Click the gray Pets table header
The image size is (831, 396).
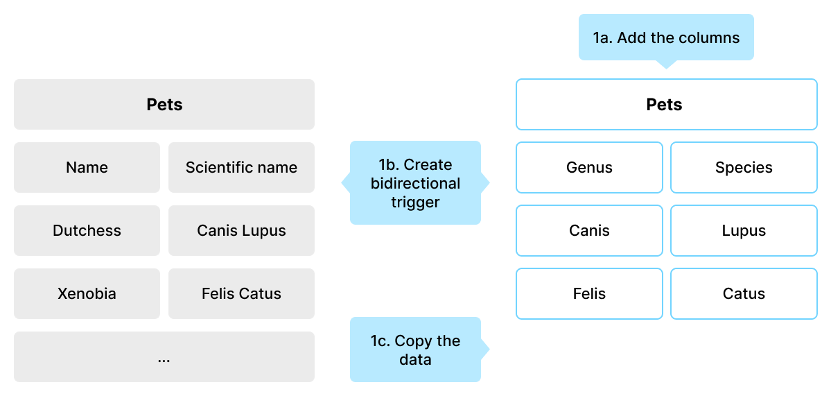click(164, 105)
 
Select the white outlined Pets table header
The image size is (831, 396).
click(666, 105)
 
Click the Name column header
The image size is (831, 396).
click(87, 168)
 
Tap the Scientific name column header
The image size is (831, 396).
click(242, 168)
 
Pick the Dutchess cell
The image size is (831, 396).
click(87, 231)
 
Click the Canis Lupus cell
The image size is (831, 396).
click(242, 231)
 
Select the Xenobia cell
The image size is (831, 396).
click(87, 293)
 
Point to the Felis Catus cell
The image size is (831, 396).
click(242, 293)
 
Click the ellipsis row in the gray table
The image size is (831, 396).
click(164, 356)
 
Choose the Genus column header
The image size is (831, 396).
click(589, 168)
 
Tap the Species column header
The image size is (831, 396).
click(744, 168)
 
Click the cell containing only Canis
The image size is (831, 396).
click(589, 231)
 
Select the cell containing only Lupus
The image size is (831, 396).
click(744, 231)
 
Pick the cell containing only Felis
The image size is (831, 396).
click(589, 293)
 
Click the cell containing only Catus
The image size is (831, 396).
click(744, 293)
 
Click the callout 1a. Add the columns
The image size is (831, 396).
click(666, 37)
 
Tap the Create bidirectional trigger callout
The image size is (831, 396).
click(416, 183)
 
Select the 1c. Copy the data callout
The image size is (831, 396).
click(416, 350)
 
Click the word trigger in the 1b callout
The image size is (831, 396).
click(416, 202)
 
